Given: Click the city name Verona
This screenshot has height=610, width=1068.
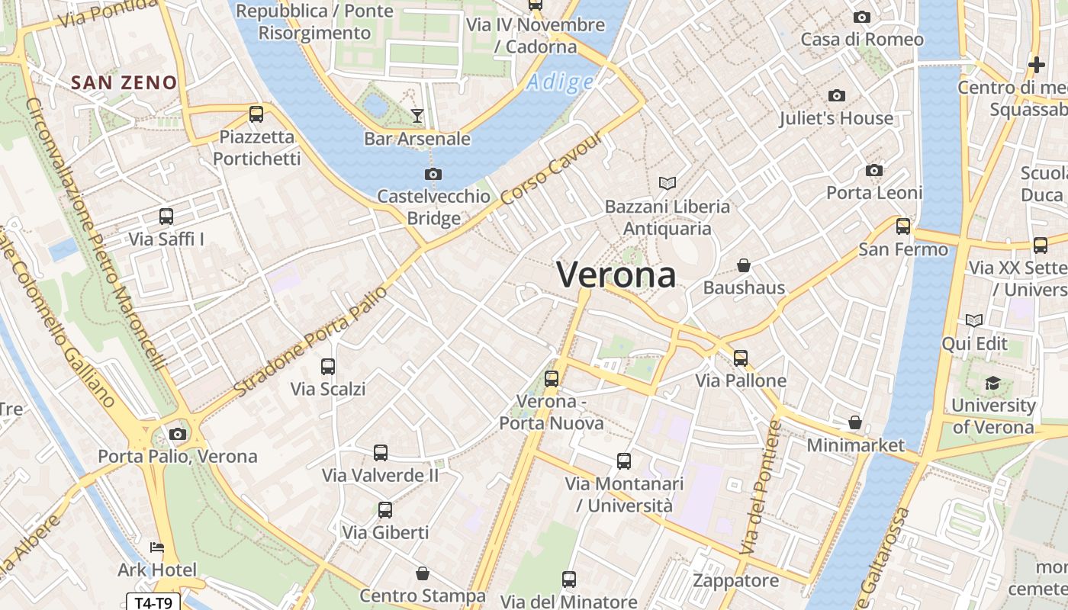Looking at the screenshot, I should (616, 274).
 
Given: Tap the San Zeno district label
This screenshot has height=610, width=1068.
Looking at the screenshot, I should (124, 82).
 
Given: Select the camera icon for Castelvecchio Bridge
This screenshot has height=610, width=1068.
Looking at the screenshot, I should (433, 174).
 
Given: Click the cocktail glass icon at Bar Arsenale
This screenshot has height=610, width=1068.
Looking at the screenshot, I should (417, 116).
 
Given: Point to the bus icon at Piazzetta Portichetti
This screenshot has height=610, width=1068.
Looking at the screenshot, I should (256, 114).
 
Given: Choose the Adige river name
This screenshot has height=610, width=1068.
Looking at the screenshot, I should (561, 82).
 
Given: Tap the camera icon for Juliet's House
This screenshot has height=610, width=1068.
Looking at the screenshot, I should (837, 95).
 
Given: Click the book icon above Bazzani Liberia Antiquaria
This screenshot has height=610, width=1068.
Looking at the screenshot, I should (667, 183).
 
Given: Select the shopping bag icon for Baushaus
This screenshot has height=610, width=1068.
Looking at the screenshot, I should (744, 265).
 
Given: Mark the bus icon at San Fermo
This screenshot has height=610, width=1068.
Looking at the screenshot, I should (903, 226).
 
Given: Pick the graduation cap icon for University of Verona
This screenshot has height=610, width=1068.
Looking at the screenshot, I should (992, 383).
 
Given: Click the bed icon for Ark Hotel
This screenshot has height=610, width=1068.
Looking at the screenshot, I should (157, 547).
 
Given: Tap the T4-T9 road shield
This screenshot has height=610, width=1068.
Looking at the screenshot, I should (153, 602).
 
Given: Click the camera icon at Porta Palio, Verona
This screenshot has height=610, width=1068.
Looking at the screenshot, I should (178, 434).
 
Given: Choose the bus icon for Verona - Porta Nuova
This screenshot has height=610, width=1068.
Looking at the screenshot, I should (552, 378).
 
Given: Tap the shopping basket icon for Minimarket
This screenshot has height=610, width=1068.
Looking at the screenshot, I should (855, 422).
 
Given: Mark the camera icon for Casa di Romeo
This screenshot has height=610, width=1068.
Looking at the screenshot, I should (862, 17).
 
